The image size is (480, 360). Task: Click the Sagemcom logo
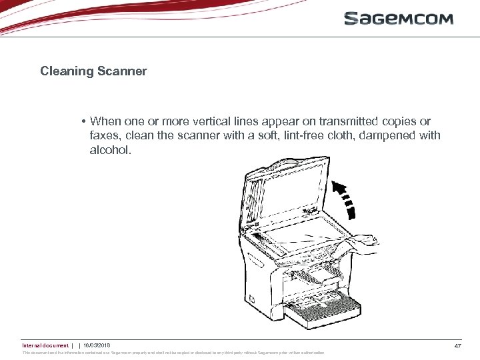click(x=399, y=18)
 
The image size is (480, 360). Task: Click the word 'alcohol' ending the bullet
click(x=110, y=151)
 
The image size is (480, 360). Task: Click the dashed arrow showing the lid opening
click(x=345, y=197)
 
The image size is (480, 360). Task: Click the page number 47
click(x=457, y=345)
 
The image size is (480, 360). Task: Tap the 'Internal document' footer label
click(x=45, y=345)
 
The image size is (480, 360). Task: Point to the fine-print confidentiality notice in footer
click(x=173, y=353)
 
